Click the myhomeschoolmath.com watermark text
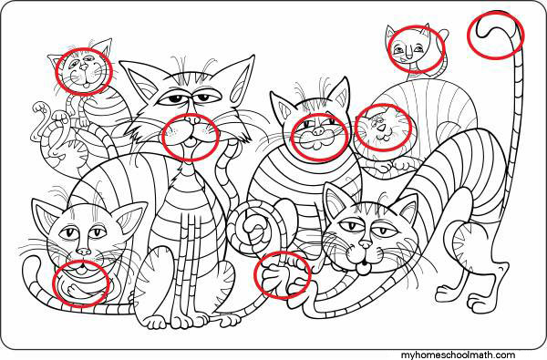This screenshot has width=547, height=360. pos(458,355)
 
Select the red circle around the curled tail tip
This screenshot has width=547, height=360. pos(468,35)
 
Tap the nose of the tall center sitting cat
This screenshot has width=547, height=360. pos(192,120)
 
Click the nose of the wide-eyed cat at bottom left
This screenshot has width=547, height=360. pos(84,251)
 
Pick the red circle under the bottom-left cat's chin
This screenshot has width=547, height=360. pos(53,283)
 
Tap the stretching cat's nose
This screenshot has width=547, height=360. pos(366,244)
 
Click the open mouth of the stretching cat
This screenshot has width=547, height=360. pos(364,268)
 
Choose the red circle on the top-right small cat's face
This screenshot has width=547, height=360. pos(388,49)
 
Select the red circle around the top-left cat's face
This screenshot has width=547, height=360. pos(57,71)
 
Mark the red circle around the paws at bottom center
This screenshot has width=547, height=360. pos(254,275)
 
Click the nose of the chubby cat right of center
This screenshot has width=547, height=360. pos(318,131)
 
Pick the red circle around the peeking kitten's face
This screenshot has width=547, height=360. pos(355,128)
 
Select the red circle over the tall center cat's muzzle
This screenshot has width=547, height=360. pos(163,137)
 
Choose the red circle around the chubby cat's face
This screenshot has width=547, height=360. pos(292,137)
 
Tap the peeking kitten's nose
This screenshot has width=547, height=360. pos(382,128)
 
